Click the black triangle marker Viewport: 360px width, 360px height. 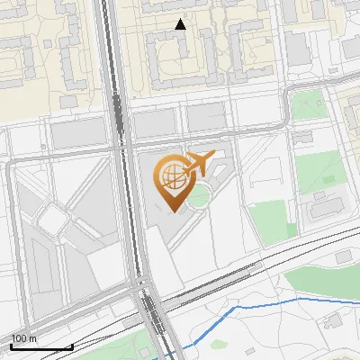[x=180, y=24]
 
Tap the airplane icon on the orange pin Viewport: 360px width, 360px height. [x=197, y=164]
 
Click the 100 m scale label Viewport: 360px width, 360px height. [x=24, y=338]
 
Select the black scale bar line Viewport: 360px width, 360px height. [x=41, y=346]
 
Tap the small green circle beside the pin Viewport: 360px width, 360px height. [x=200, y=193]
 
